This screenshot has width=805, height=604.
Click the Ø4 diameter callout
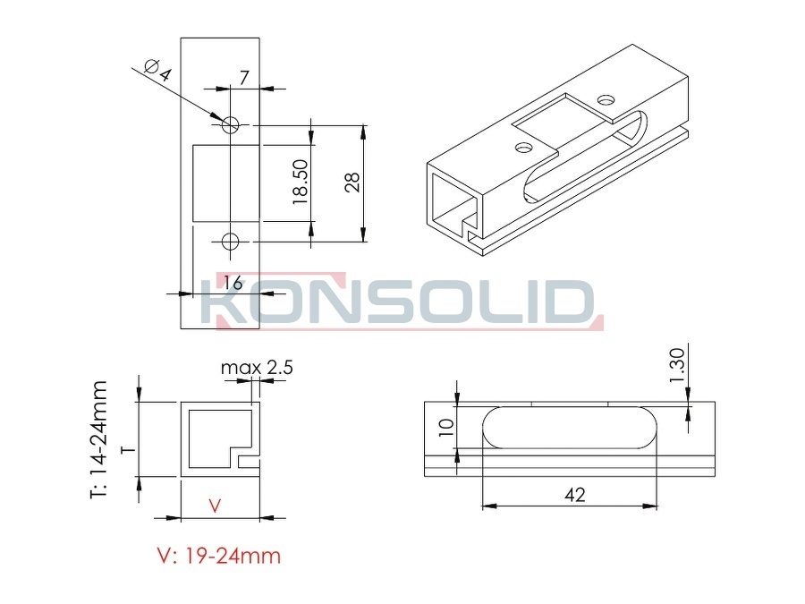point(157,71)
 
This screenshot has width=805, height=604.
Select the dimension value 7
point(244,78)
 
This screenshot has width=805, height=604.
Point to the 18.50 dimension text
point(301,183)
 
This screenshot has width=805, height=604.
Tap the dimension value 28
point(352,183)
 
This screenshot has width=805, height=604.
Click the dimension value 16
point(233,283)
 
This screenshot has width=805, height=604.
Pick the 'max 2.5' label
point(257,368)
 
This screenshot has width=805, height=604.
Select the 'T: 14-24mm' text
point(98,439)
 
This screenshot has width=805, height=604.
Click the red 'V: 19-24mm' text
point(219,556)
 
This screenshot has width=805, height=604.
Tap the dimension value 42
point(574,495)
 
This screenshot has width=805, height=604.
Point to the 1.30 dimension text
point(677,365)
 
